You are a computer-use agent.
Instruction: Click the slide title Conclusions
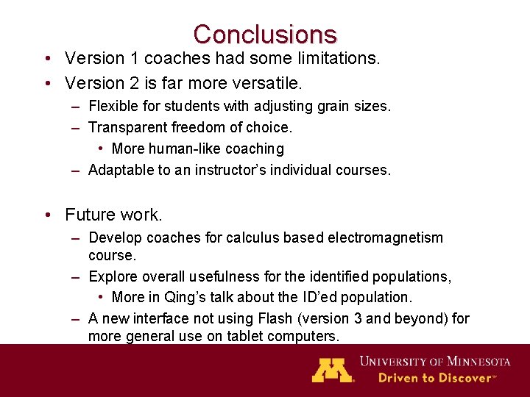click(265, 35)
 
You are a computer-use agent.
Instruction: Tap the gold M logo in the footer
click(333, 369)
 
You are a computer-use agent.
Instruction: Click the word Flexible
click(113, 107)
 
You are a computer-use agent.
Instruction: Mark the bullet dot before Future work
click(47, 215)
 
